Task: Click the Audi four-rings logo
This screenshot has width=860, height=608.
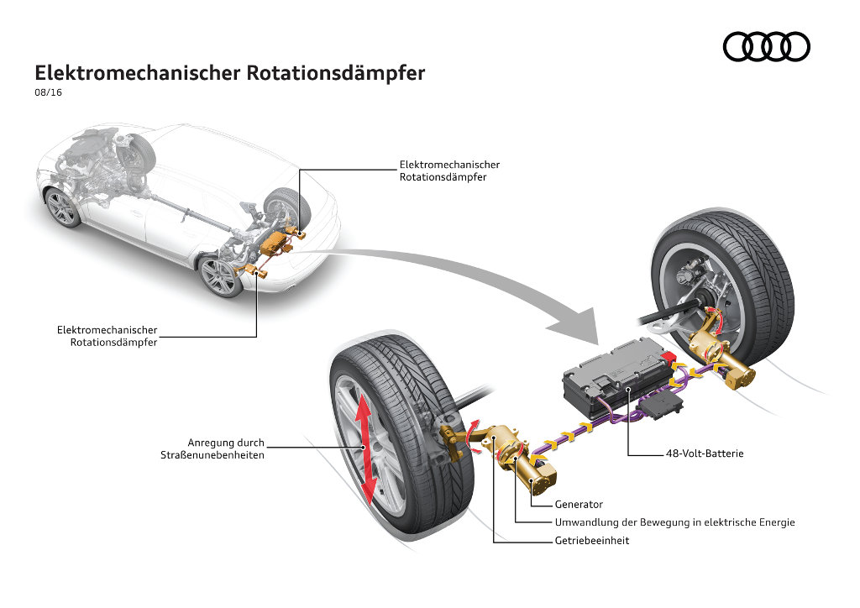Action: pos(766,47)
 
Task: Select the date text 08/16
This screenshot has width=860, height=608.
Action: pos(48,93)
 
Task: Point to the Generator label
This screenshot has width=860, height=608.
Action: pos(579,505)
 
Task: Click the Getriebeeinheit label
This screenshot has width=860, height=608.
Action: pos(591,541)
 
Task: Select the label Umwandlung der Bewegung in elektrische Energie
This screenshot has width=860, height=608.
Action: pos(674,522)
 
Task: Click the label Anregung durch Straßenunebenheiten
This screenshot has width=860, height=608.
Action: pos(212,448)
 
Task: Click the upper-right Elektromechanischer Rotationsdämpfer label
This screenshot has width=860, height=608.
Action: pos(449,170)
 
